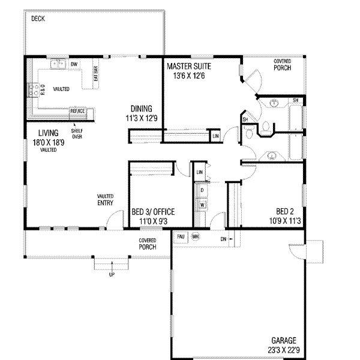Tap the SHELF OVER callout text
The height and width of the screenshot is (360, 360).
(x=76, y=134)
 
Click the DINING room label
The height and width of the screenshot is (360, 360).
(x=142, y=109)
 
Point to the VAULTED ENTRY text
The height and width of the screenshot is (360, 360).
(x=106, y=200)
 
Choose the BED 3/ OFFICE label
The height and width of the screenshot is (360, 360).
(x=153, y=212)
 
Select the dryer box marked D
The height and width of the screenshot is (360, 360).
(x=202, y=190)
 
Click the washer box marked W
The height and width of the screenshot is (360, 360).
(x=202, y=205)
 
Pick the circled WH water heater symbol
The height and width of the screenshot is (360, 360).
(x=195, y=236)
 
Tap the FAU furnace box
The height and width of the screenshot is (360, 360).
(x=181, y=236)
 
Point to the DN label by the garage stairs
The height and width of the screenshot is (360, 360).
(x=223, y=238)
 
